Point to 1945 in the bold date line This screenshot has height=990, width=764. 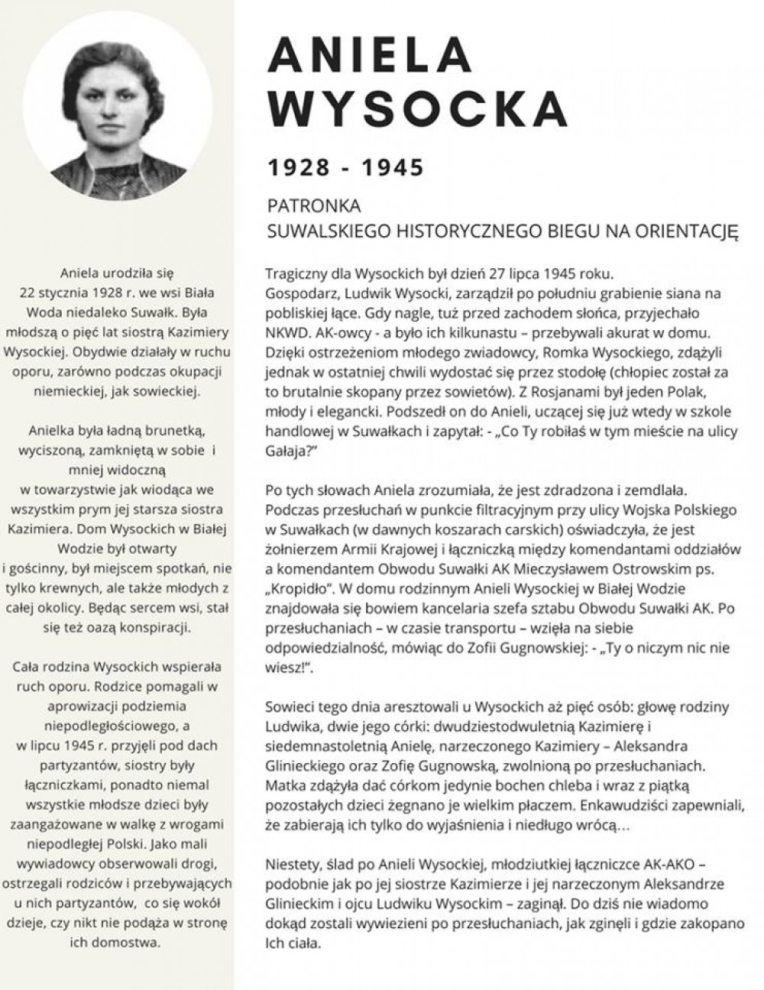click(391, 167)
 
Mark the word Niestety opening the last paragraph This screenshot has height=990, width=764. click(292, 864)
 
